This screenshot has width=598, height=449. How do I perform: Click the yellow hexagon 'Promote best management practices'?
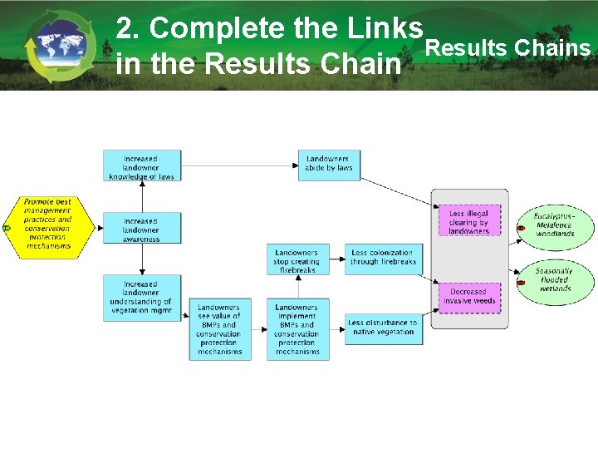tap(48, 224)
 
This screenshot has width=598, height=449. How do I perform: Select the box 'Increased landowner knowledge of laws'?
tap(141, 166)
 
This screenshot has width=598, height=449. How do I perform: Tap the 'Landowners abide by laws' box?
tap(329, 164)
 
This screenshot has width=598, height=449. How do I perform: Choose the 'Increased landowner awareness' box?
tap(141, 229)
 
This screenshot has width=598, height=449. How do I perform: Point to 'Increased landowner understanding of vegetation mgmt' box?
tap(141, 298)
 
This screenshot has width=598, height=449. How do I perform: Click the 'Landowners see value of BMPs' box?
tap(219, 329)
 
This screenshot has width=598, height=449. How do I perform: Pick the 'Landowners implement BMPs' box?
tap(297, 329)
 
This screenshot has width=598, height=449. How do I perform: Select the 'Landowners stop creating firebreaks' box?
tap(297, 259)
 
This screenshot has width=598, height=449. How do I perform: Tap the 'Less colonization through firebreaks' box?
tap(383, 258)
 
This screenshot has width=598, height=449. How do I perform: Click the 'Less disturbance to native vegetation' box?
tap(383, 328)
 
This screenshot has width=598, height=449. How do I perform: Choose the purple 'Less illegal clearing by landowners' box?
tap(469, 221)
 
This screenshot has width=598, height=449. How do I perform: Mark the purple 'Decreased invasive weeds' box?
tap(469, 297)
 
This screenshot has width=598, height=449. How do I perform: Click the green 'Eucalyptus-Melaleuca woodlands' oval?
tap(554, 224)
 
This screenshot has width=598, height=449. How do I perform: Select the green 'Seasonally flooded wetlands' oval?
tap(554, 280)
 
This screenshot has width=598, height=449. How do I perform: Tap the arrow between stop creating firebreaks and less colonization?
tap(337, 259)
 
